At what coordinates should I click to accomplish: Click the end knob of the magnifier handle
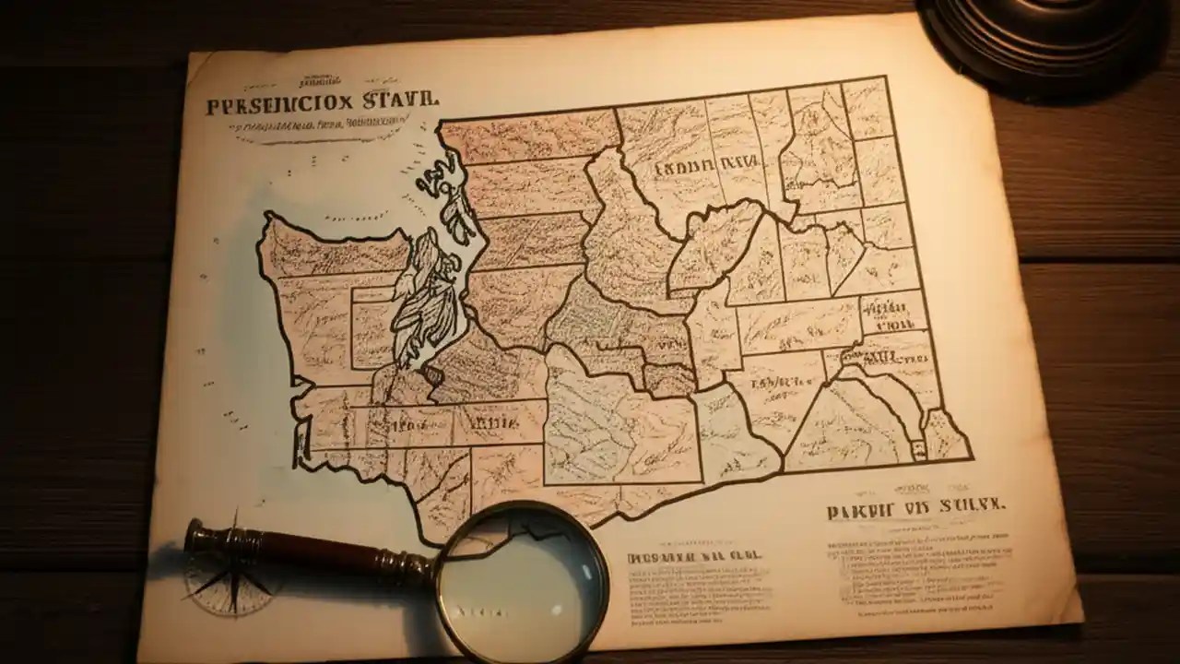coord(195,535)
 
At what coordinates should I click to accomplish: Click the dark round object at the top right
coord(1042,37)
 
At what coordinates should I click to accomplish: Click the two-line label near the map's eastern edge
coord(891,314)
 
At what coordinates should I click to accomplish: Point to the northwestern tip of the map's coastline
coord(268,217)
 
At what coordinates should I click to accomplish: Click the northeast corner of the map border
coord(884,78)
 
